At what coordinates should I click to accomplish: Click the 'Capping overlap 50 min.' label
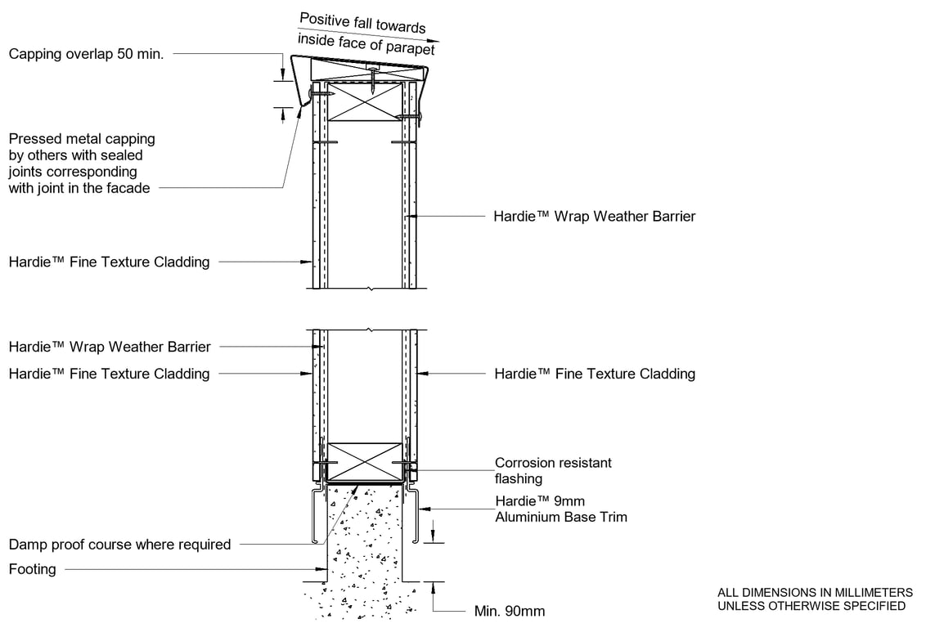pyautogui.click(x=86, y=55)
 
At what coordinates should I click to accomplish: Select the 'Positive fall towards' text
pyautogui.click(x=362, y=22)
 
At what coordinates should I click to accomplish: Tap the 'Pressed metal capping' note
pyautogui.click(x=82, y=139)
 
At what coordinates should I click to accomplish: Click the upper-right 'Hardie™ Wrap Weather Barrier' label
pyautogui.click(x=595, y=217)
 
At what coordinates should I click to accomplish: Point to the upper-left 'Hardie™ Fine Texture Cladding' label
pyautogui.click(x=109, y=262)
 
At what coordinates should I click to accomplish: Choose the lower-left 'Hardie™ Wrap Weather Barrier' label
pyautogui.click(x=109, y=347)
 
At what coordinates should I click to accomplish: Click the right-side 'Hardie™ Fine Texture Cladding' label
pyautogui.click(x=595, y=374)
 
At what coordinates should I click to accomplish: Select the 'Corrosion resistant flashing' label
pyautogui.click(x=553, y=470)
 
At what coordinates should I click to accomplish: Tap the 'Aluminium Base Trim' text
pyautogui.click(x=561, y=517)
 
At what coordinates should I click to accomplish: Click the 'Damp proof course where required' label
pyautogui.click(x=119, y=545)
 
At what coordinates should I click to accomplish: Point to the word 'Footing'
pyautogui.click(x=33, y=569)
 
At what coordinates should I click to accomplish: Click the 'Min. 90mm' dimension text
pyautogui.click(x=509, y=611)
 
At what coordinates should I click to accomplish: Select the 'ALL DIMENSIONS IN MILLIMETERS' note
pyautogui.click(x=815, y=592)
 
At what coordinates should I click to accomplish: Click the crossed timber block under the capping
pyautogui.click(x=366, y=101)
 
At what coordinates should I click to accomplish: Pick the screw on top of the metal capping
pyautogui.click(x=373, y=80)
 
